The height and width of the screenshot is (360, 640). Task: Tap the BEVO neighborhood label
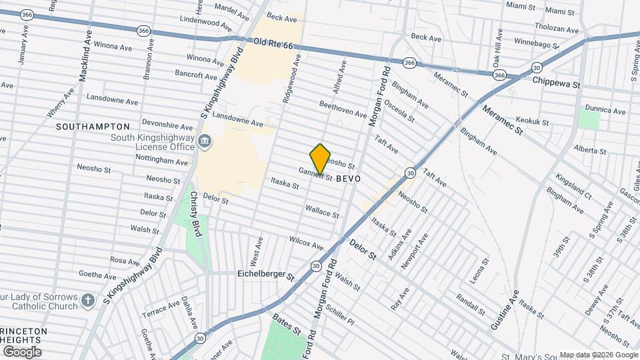pos(349,179)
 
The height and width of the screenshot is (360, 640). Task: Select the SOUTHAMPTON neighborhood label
pos(93,127)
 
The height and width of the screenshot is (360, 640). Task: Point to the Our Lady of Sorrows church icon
pos(87,301)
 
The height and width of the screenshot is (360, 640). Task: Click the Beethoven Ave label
pos(343,109)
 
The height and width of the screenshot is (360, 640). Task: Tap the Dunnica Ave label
pos(605,110)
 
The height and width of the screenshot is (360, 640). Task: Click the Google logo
pos(22,351)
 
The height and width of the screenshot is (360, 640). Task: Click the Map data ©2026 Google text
pos(597,355)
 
